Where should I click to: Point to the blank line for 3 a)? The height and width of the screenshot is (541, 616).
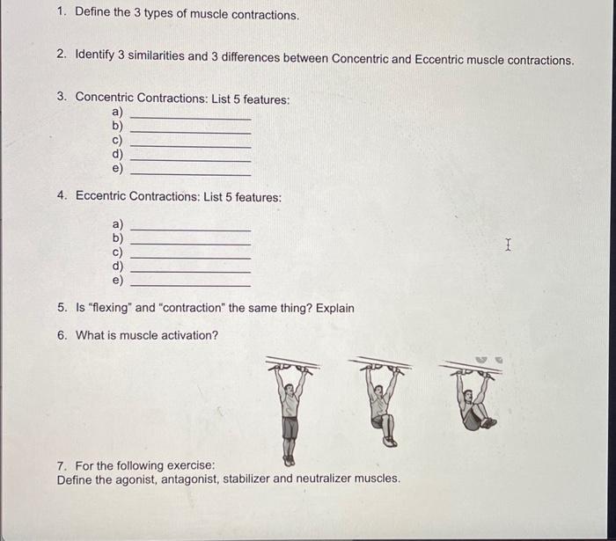click(x=190, y=119)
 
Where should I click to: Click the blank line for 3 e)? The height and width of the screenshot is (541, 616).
click(x=190, y=174)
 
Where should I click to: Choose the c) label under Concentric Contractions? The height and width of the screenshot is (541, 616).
click(x=117, y=140)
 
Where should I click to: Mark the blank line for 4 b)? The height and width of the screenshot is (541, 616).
click(x=190, y=244)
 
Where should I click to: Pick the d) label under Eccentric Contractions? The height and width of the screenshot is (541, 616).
click(x=117, y=266)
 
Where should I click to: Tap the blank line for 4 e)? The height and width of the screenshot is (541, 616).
click(x=190, y=285)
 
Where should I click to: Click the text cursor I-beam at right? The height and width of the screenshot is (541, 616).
click(x=508, y=246)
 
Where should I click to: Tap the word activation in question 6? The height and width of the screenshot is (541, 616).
click(x=189, y=335)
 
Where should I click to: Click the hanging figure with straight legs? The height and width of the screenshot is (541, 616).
click(x=290, y=410)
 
